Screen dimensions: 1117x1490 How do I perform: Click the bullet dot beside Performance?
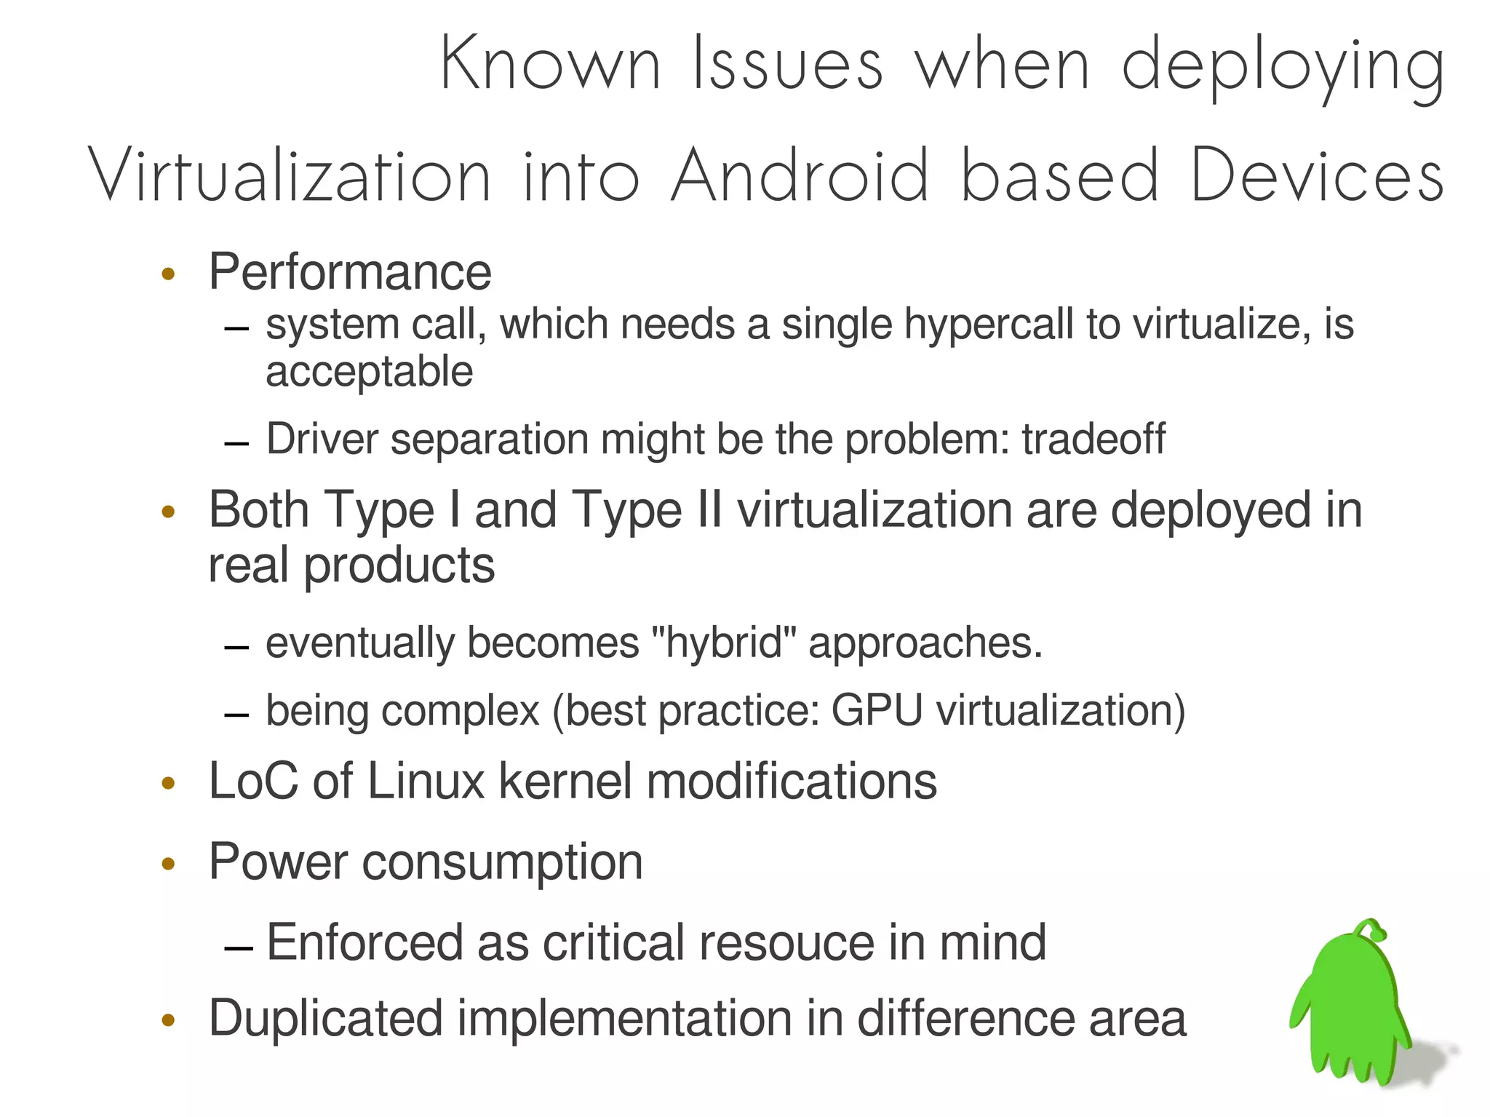tap(169, 274)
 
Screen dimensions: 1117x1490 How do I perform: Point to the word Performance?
tap(350, 272)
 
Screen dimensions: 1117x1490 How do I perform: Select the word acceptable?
tap(369, 372)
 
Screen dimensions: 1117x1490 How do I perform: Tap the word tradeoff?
tap(1093, 439)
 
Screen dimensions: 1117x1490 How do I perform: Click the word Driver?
tap(322, 439)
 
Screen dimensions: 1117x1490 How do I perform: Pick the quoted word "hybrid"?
tap(723, 643)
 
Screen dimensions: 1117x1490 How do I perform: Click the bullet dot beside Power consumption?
tap(169, 864)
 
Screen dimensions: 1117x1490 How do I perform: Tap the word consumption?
tap(502, 862)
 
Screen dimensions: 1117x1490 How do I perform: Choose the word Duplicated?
tap(326, 1017)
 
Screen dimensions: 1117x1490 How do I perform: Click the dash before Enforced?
tap(239, 947)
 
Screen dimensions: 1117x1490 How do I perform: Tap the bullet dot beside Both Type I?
tap(169, 512)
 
